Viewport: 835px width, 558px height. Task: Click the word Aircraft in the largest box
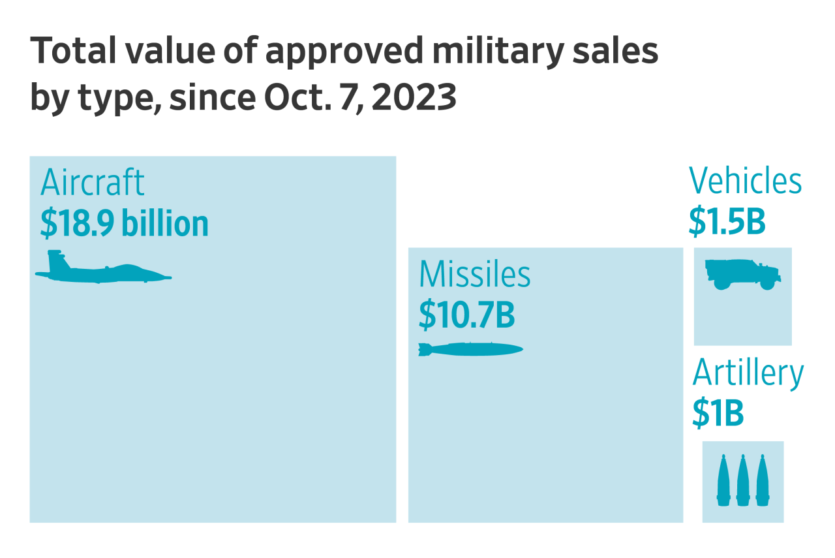pos(92,183)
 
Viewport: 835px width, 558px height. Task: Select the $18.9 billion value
pos(124,224)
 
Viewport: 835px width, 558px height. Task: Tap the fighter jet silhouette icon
pos(103,270)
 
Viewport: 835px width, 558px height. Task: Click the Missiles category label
pos(474,275)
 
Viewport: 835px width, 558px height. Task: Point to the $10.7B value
pos(466,315)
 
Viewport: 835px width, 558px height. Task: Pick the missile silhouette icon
pos(470,350)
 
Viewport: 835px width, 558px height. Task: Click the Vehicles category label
pos(745,181)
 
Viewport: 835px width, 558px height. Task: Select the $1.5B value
pos(727,222)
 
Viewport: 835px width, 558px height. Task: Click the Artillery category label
pos(748,373)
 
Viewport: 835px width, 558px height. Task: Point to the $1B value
pos(718,414)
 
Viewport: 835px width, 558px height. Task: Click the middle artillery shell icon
pos(742,481)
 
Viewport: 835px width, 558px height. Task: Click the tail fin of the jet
pos(57,260)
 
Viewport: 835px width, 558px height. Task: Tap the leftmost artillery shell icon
pos(723,481)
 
